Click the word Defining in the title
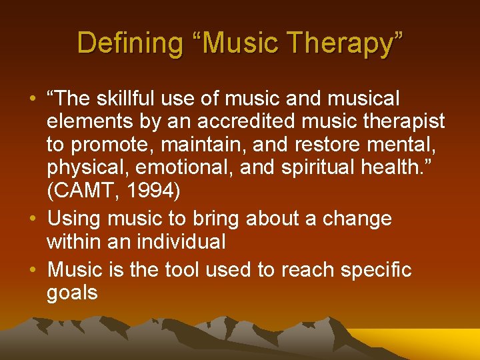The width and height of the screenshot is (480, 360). tap(128, 43)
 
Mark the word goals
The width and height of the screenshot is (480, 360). tap(72, 293)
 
